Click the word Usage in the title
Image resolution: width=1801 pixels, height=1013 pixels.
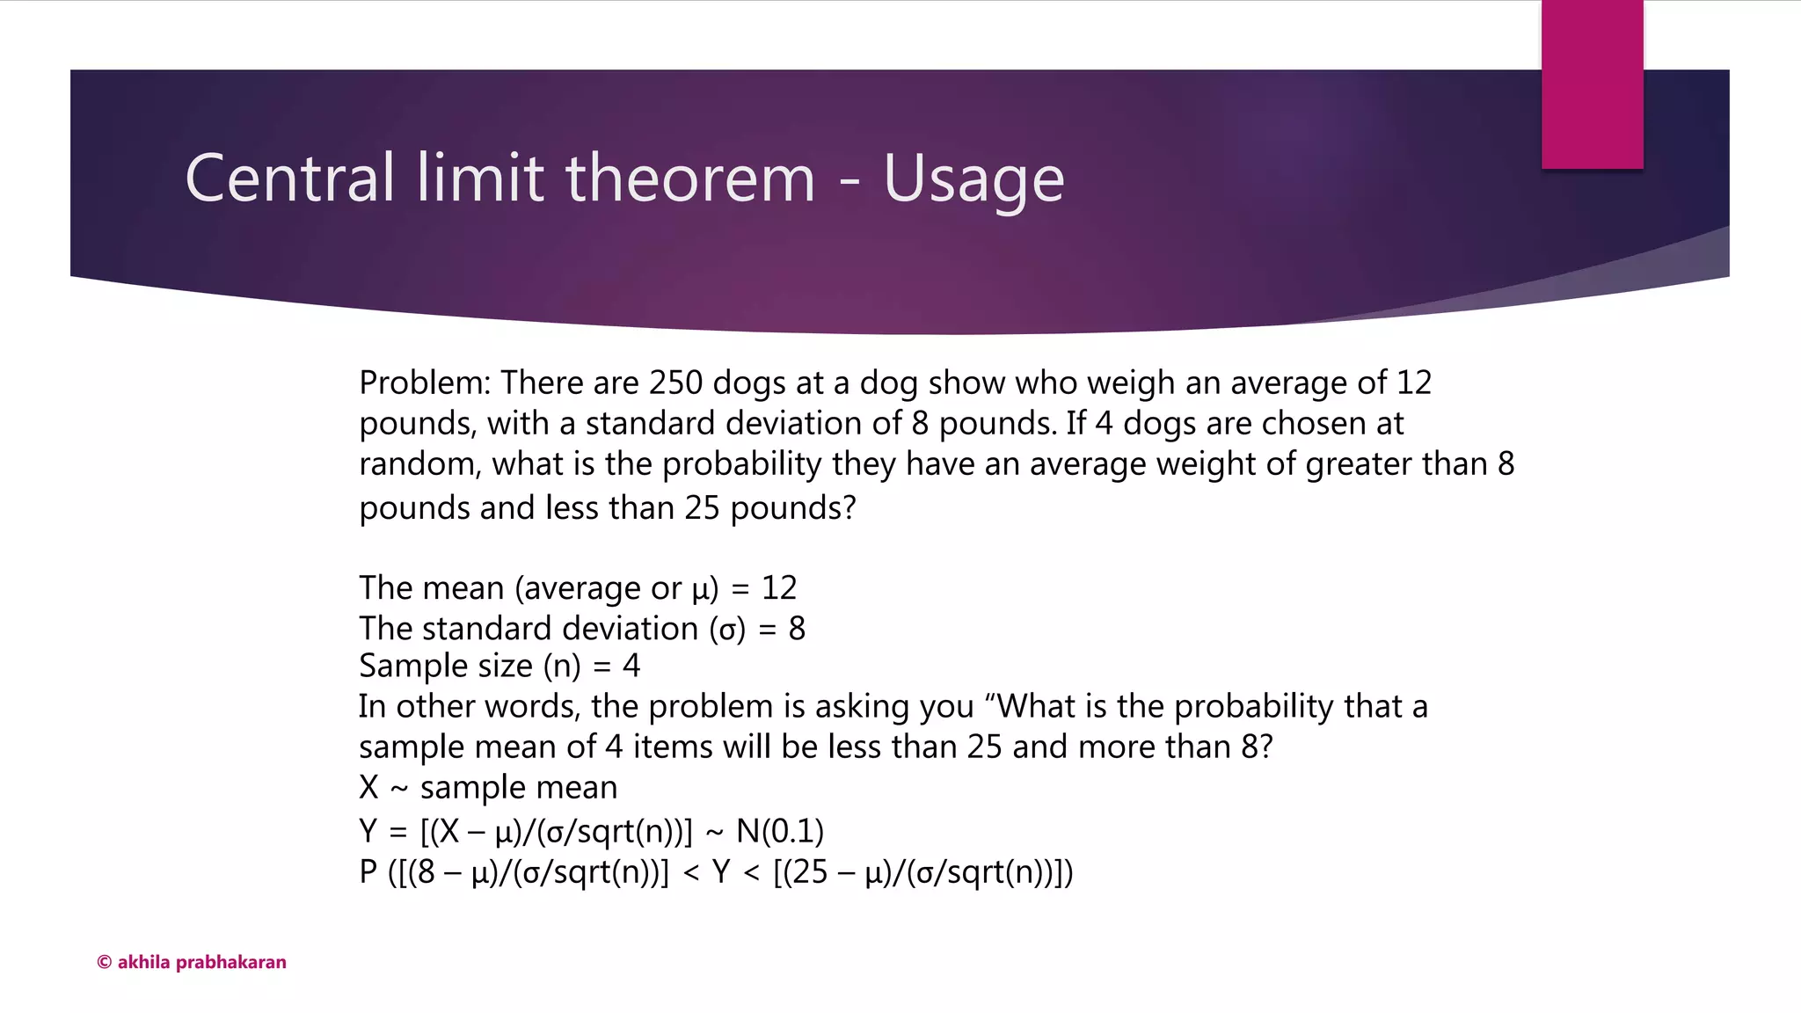point(973,179)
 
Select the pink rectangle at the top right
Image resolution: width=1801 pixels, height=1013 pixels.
point(1592,84)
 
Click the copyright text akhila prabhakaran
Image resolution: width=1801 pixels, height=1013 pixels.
point(192,962)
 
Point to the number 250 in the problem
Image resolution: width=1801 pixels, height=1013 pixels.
point(675,383)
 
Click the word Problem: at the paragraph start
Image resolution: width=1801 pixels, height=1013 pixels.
point(425,383)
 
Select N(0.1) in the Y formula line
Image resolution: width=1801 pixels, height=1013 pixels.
point(779,831)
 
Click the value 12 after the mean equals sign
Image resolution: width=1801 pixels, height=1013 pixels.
point(779,587)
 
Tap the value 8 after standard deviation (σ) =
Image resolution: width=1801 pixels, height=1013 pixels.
point(797,629)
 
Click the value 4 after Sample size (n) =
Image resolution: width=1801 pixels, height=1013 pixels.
point(631,666)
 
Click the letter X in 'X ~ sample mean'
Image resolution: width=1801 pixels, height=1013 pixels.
point(368,787)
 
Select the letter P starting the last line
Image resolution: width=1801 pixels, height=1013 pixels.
point(368,872)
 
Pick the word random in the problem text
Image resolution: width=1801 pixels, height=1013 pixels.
point(419,464)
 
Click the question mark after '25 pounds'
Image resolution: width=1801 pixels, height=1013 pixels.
point(849,508)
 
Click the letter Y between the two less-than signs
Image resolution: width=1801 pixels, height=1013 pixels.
point(721,872)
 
